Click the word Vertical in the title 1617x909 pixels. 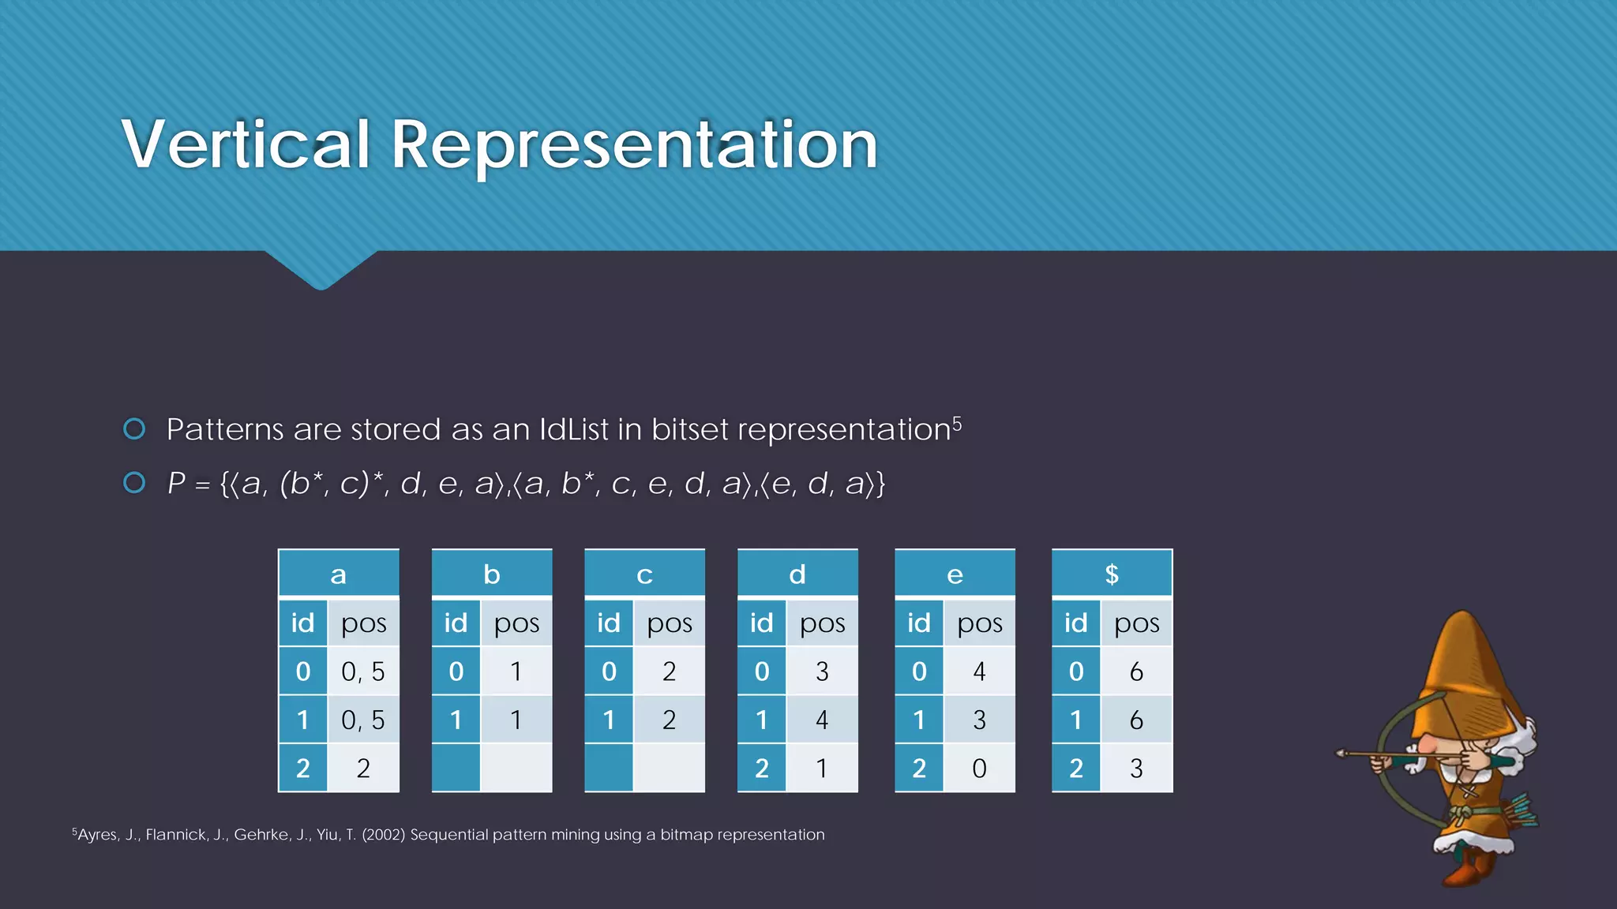(246, 144)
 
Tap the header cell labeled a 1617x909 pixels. (339, 574)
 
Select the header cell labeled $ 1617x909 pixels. (1112, 574)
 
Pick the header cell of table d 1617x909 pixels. (797, 574)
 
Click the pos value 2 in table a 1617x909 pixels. (363, 768)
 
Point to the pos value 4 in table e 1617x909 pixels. (979, 671)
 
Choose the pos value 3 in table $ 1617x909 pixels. (1136, 768)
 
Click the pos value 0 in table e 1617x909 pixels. (979, 768)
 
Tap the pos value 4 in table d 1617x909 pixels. (822, 720)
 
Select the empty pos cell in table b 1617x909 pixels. (516, 768)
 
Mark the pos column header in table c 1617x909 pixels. (670, 623)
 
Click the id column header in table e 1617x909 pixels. (918, 623)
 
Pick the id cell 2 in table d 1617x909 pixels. (761, 768)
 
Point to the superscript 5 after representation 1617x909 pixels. (957, 424)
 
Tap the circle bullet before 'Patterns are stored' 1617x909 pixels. (135, 428)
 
